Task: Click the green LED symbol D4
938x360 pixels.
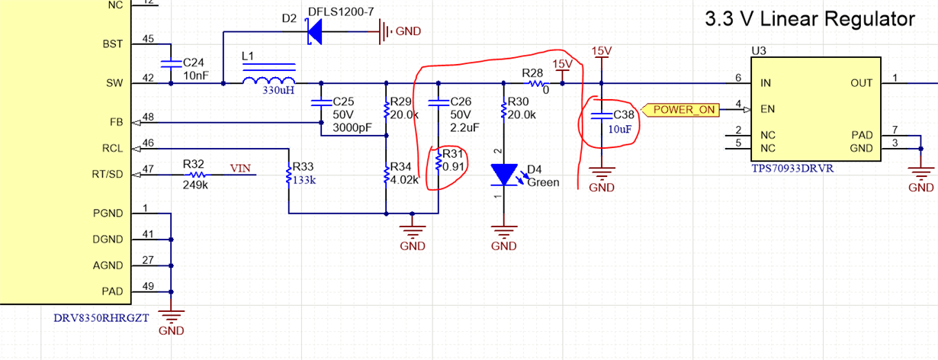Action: (504, 175)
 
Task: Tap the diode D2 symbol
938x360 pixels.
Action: (313, 31)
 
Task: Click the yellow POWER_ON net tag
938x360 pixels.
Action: (683, 109)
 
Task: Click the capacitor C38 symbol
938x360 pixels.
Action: (602, 116)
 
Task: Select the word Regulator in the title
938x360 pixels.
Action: (861, 20)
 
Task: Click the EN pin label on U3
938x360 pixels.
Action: (768, 109)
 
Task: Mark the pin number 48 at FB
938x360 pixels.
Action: (148, 117)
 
